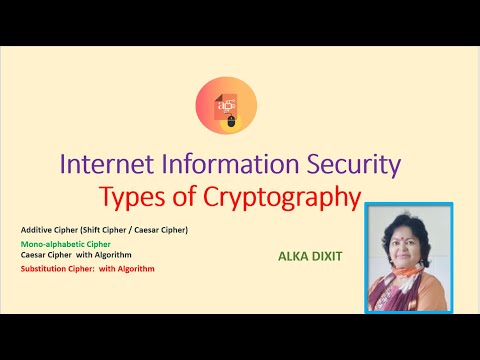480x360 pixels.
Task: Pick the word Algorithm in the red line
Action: (136, 268)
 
